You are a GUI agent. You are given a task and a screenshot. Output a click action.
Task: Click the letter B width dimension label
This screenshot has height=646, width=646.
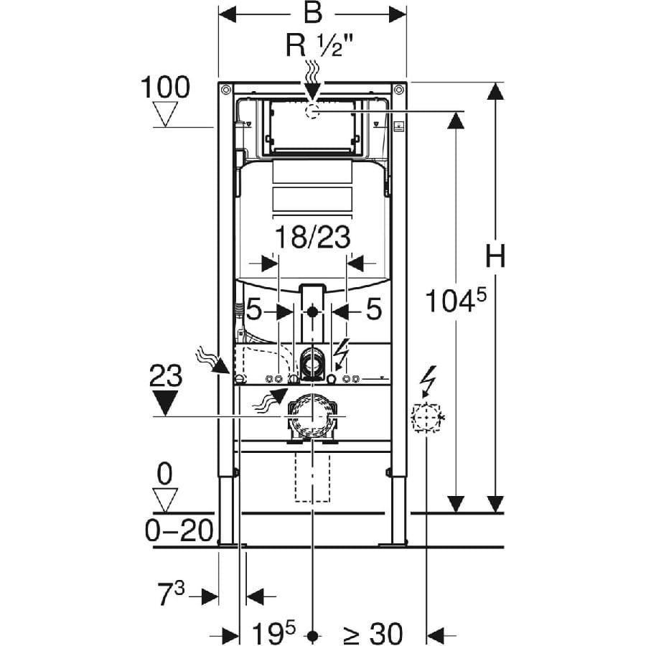coord(312,14)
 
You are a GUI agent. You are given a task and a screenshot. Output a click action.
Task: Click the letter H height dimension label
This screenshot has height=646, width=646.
coord(494,256)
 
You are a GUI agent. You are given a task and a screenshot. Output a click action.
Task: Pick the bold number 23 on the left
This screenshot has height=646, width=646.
coord(166,375)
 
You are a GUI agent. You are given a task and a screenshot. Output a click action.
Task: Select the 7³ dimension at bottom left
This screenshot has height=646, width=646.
coord(172,596)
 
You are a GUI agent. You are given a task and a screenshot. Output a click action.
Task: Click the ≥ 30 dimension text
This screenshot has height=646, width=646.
coord(373,633)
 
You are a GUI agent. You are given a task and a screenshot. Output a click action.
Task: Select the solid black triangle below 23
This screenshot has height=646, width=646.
coord(166,403)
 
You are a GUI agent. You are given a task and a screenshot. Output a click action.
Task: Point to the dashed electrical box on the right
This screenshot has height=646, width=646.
coord(426,416)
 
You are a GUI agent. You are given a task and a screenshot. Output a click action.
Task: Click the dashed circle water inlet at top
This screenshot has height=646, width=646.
coord(313,111)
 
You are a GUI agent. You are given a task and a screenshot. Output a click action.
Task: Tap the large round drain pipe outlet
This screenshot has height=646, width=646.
coord(312,416)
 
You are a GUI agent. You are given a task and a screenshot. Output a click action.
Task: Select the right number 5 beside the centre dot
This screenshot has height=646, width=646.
coord(373,311)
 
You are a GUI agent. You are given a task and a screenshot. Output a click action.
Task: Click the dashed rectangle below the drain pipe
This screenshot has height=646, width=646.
coord(312,477)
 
